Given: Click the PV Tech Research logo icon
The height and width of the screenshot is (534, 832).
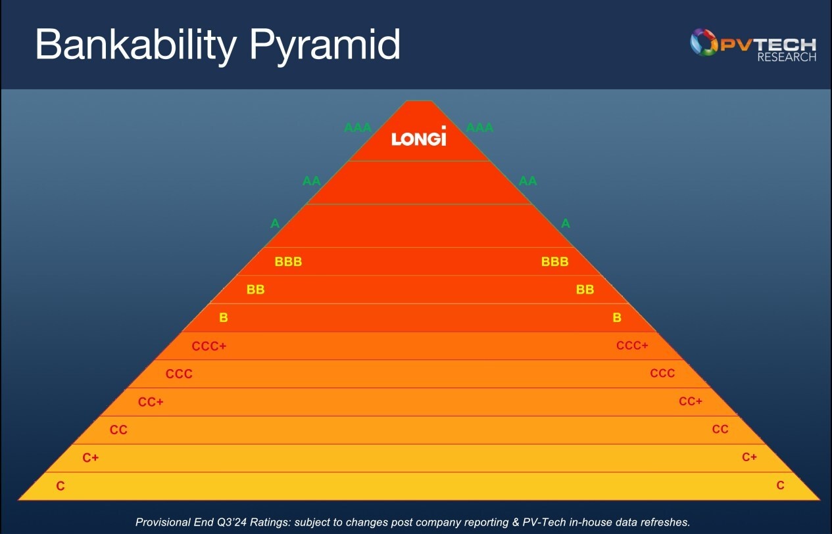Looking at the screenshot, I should pyautogui.click(x=704, y=42).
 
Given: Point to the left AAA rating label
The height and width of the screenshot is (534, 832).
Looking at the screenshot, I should pyautogui.click(x=358, y=127).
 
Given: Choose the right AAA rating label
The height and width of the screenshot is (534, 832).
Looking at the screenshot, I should pyautogui.click(x=479, y=127).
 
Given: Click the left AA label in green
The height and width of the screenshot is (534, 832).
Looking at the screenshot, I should pyautogui.click(x=311, y=181).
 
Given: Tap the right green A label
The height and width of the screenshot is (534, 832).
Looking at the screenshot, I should pyautogui.click(x=566, y=223).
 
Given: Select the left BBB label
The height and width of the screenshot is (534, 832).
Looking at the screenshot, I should pyautogui.click(x=288, y=262).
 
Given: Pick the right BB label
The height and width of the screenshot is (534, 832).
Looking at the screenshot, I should pyautogui.click(x=585, y=290).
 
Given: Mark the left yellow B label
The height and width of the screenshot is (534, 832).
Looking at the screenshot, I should pyautogui.click(x=223, y=318).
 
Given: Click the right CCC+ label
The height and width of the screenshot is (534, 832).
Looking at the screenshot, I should pyautogui.click(x=632, y=345).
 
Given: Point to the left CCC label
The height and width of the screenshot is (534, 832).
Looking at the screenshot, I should pyautogui.click(x=179, y=374).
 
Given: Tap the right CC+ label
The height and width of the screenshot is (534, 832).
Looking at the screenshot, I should pyautogui.click(x=691, y=401).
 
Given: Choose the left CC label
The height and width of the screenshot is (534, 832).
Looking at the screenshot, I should pyautogui.click(x=118, y=430).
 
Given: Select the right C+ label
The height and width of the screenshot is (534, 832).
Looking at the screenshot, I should pyautogui.click(x=749, y=457).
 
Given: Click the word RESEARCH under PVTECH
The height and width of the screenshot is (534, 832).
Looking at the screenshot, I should pyautogui.click(x=786, y=58).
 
